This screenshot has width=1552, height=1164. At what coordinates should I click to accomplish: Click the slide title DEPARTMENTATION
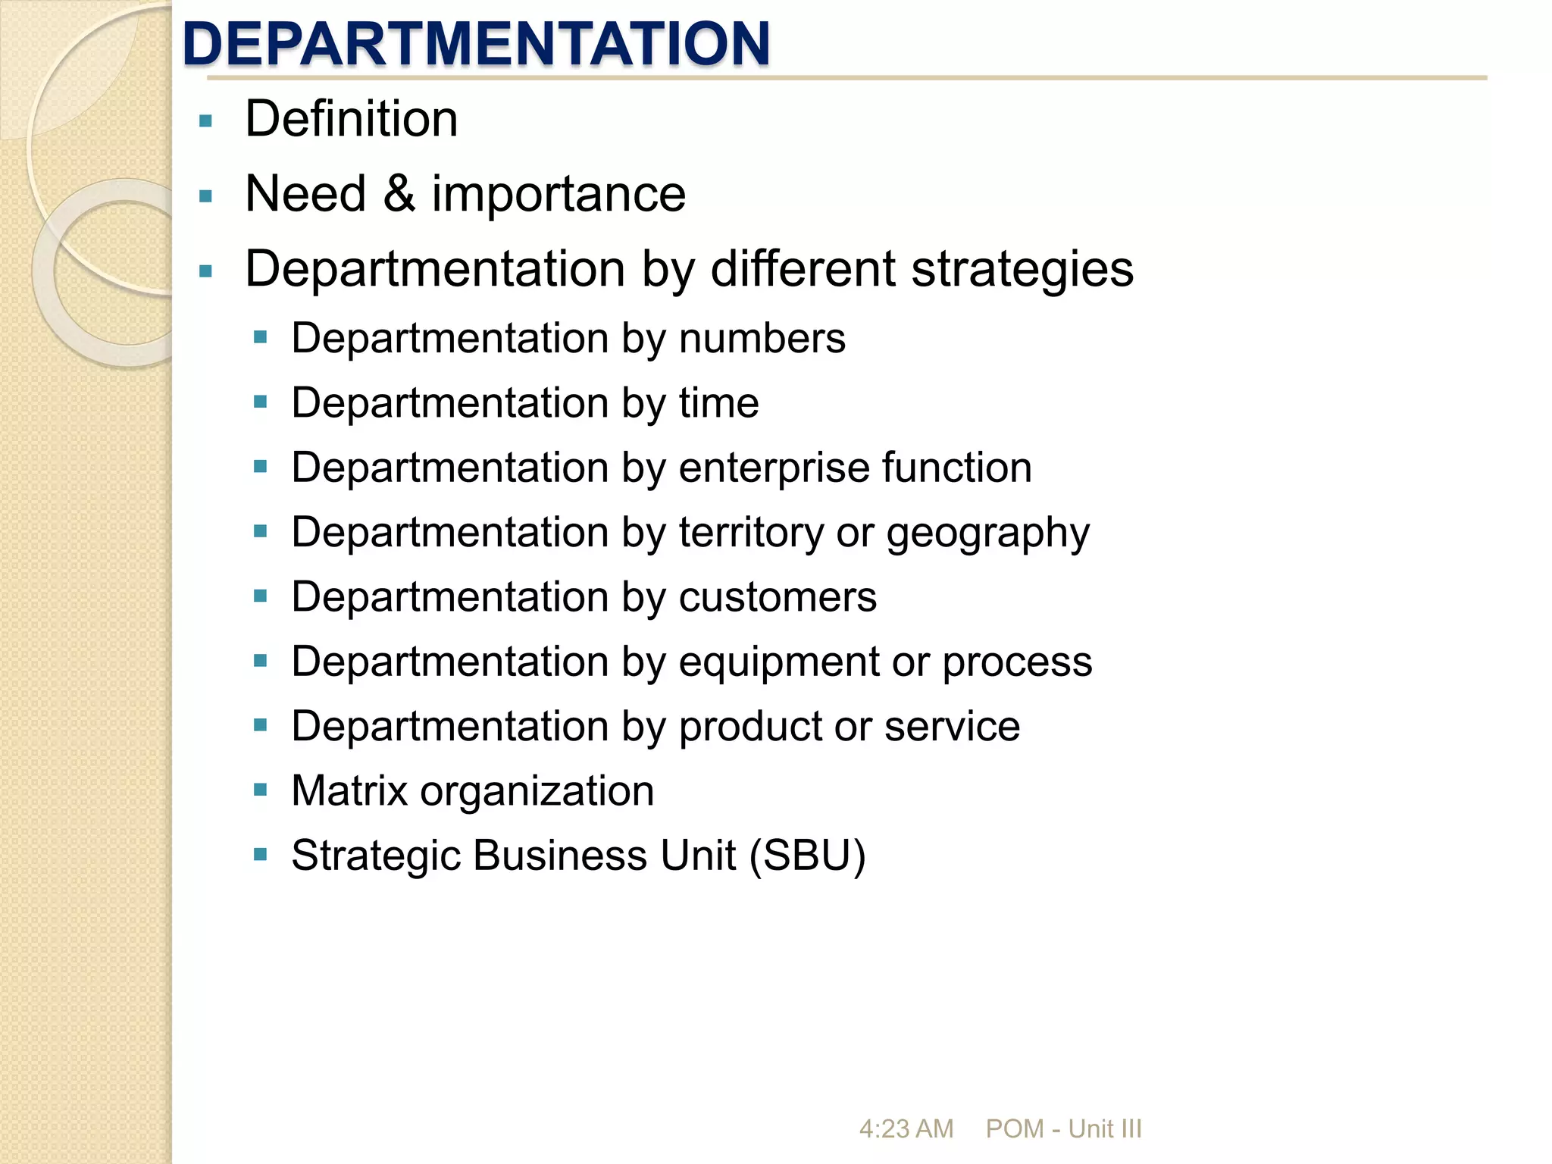pyautogui.click(x=476, y=43)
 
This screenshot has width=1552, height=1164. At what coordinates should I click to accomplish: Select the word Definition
pyautogui.click(x=352, y=119)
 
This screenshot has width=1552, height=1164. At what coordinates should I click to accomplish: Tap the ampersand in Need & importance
pyautogui.click(x=399, y=194)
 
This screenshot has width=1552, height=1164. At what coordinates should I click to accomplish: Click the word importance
pyautogui.click(x=559, y=194)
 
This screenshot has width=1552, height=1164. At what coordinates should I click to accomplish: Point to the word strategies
pyautogui.click(x=1022, y=269)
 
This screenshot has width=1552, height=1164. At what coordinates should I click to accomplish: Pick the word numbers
pyautogui.click(x=762, y=338)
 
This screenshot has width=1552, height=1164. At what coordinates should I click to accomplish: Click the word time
pyautogui.click(x=718, y=402)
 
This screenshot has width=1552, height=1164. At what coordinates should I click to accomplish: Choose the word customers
pyautogui.click(x=778, y=597)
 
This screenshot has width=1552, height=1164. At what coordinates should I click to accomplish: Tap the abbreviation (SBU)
pyautogui.click(x=807, y=856)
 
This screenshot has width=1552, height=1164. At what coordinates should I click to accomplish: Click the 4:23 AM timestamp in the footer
pyautogui.click(x=906, y=1129)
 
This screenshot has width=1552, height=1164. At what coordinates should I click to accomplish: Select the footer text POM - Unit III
pyautogui.click(x=1063, y=1129)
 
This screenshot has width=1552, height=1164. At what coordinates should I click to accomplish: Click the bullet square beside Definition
pyautogui.click(x=205, y=120)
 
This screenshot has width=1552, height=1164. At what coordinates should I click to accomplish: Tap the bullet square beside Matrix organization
pyautogui.click(x=261, y=790)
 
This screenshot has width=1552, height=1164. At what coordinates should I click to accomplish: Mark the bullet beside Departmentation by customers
pyautogui.click(x=261, y=596)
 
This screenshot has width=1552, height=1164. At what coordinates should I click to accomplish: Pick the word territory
pyautogui.click(x=750, y=532)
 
